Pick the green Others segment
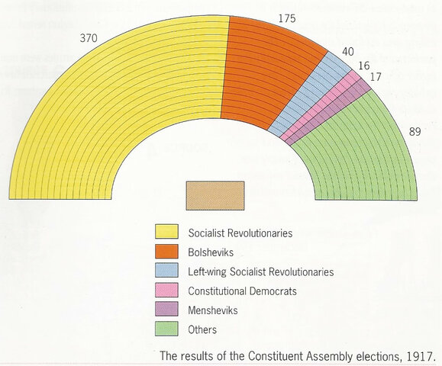point(359,152)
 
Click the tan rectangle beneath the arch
point(215,195)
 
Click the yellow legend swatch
point(166,231)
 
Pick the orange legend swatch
point(166,251)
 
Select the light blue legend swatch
point(166,271)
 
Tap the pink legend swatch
point(166,291)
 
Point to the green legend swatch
point(166,329)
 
